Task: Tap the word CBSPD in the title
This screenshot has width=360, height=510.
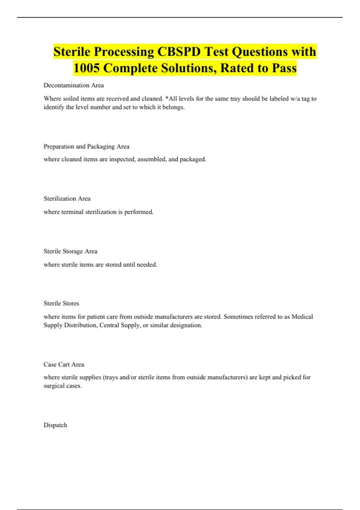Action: pos(179,52)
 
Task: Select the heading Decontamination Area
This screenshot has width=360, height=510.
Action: pos(73,85)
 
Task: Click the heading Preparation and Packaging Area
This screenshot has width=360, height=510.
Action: pos(86,146)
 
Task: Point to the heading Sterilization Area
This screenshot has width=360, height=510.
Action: pos(67,199)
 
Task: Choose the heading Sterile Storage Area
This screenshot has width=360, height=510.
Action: pos(70,251)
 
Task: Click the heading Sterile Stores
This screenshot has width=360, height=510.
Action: pos(61,303)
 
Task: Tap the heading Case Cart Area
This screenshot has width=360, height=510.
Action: pos(64,364)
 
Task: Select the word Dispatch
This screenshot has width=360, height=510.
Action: pos(55,425)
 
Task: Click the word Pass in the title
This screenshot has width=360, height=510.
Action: pos(284,68)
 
